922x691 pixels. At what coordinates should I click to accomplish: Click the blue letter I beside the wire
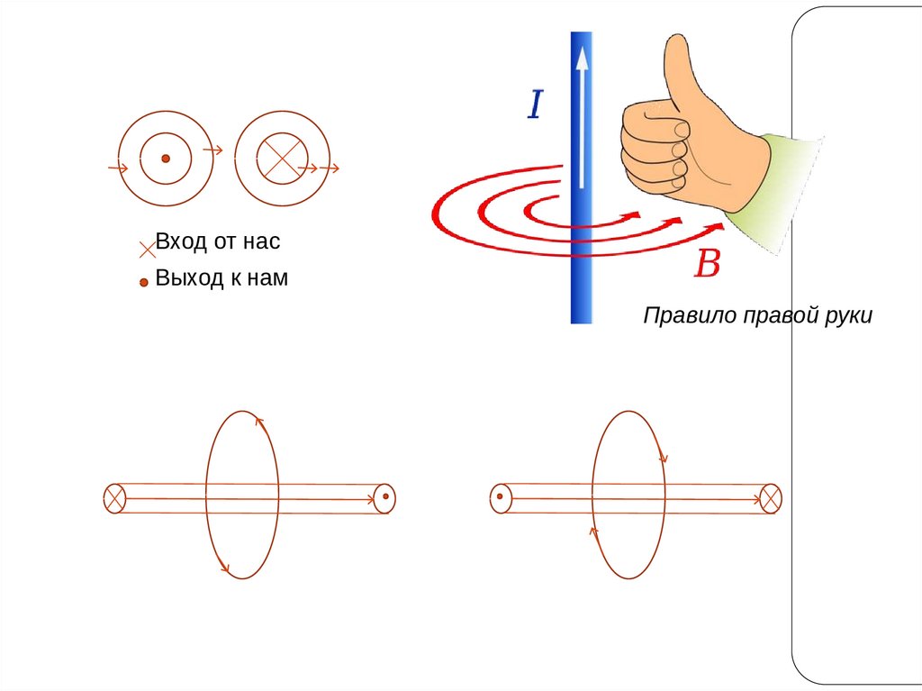pos(535,105)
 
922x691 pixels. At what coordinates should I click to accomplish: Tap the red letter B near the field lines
pos(708,264)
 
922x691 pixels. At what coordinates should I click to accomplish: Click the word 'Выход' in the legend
pos(188,278)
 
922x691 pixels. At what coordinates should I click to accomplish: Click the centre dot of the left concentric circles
pos(166,159)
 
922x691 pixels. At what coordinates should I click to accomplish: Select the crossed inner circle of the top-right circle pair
pos(282,159)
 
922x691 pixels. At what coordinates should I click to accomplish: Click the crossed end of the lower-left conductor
pos(114,498)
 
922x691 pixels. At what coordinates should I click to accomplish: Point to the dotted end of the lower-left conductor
pos(384,497)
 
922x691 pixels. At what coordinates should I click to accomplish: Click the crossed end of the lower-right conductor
pos(770,498)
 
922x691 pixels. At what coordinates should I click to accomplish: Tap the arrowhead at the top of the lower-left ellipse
pos(258,421)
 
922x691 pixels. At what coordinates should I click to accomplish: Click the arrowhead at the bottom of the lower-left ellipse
pos(223,568)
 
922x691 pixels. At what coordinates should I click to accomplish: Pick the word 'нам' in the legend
pos(266,278)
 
